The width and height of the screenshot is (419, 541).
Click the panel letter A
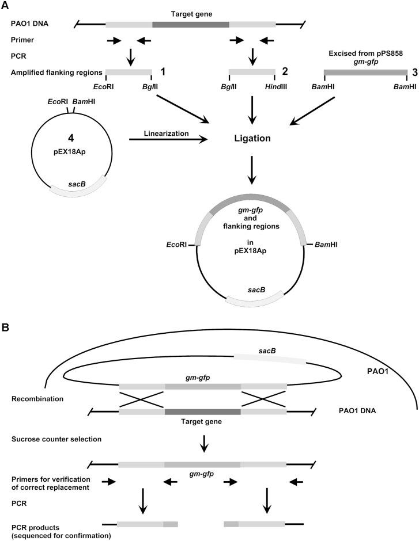tap(5, 5)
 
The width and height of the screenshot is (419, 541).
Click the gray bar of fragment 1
tap(128, 72)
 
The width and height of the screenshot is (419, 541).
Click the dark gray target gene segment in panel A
tap(191, 24)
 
